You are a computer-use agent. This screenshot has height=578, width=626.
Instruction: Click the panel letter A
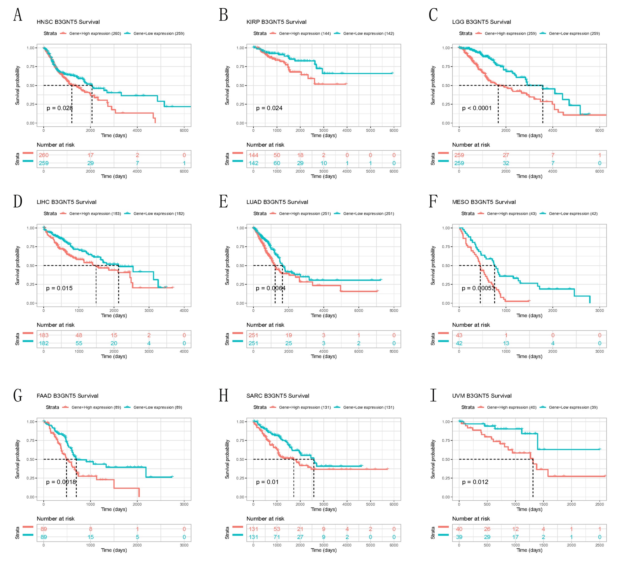click(x=18, y=15)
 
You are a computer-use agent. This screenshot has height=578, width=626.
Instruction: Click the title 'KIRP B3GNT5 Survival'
click(x=276, y=22)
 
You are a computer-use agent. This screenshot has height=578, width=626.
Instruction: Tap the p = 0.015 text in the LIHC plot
click(x=59, y=288)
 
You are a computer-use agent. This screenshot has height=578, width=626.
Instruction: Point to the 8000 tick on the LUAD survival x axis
click(x=393, y=311)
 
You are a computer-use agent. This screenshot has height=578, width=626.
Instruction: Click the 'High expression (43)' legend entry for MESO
click(x=511, y=214)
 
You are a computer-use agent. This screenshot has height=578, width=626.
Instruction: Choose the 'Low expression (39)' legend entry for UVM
click(x=573, y=407)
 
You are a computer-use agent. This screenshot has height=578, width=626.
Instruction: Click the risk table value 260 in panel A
click(x=44, y=155)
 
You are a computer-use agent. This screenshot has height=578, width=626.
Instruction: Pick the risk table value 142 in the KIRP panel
click(x=253, y=163)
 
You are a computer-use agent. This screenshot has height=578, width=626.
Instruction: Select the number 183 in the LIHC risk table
click(x=44, y=335)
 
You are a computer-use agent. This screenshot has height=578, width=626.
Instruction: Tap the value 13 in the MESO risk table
click(x=506, y=343)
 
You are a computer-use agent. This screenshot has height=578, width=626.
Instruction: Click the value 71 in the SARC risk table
click(x=277, y=537)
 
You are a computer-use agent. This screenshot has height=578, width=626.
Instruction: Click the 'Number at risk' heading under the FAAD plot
click(x=56, y=519)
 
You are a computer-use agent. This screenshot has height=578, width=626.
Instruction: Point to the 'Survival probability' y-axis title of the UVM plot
click(x=433, y=459)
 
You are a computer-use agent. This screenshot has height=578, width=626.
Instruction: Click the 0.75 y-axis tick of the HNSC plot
click(x=30, y=67)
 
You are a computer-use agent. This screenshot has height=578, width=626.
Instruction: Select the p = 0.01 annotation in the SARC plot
click(x=267, y=482)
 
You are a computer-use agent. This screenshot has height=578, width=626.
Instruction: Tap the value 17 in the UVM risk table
click(x=515, y=537)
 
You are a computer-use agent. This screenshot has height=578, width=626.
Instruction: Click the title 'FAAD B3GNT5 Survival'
click(x=68, y=396)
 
